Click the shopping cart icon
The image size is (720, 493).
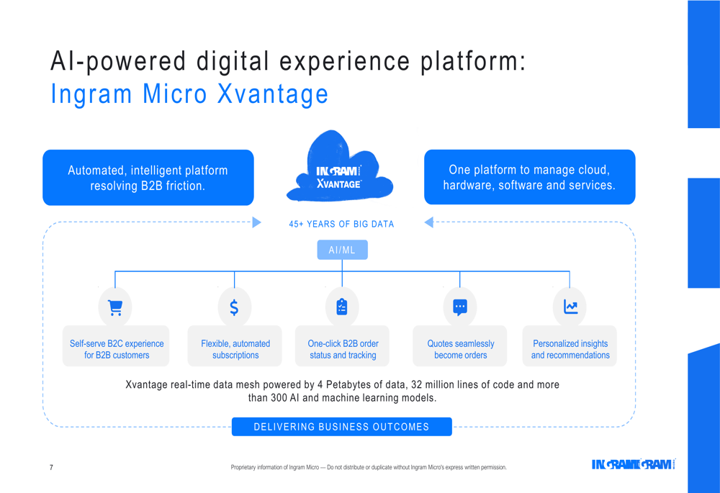tap(114, 307)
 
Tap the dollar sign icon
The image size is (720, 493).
tap(234, 307)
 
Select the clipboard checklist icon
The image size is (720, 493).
tap(342, 307)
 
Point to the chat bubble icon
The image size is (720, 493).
tap(460, 307)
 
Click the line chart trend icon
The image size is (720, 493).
tap(571, 307)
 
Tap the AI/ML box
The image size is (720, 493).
tap(342, 250)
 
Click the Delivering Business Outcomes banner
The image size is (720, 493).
tap(341, 427)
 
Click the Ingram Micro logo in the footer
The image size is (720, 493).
tap(633, 464)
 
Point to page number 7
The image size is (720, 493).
tap(51, 467)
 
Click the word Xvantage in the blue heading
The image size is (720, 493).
tap(273, 94)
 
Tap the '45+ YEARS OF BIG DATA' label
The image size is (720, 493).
tap(341, 224)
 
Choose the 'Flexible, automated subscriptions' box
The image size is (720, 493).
tap(235, 346)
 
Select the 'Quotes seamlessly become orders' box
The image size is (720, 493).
tap(460, 346)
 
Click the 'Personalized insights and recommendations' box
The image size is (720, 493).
tap(570, 346)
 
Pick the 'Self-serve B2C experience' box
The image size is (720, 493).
tap(116, 346)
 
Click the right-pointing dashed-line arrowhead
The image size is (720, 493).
tap(257, 222)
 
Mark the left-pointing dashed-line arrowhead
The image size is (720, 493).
tap(428, 222)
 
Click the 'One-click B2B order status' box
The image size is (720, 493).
tap(342, 346)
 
